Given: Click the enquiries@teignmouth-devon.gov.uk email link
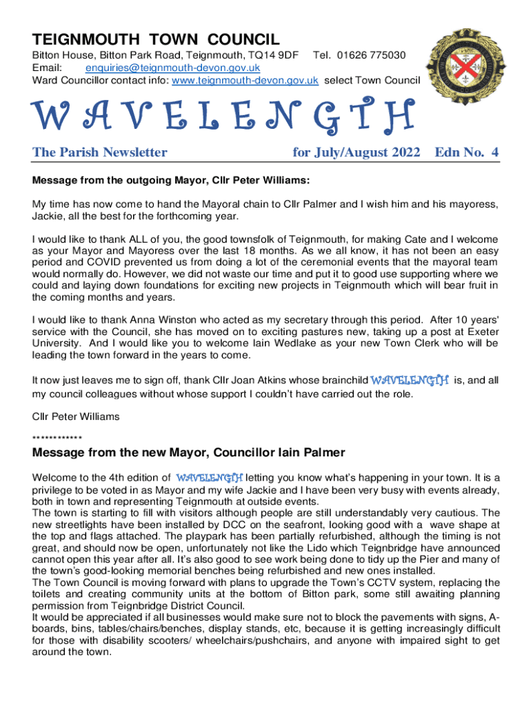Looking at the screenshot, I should (x=172, y=68).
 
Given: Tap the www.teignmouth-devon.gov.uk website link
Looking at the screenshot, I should (x=245, y=80).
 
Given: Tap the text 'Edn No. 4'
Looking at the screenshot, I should (x=467, y=152).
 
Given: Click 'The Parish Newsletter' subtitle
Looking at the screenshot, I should (x=100, y=152).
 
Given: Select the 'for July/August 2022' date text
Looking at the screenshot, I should (x=356, y=152).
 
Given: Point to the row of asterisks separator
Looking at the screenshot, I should (x=57, y=437).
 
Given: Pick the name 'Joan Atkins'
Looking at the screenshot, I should (x=338, y=380).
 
